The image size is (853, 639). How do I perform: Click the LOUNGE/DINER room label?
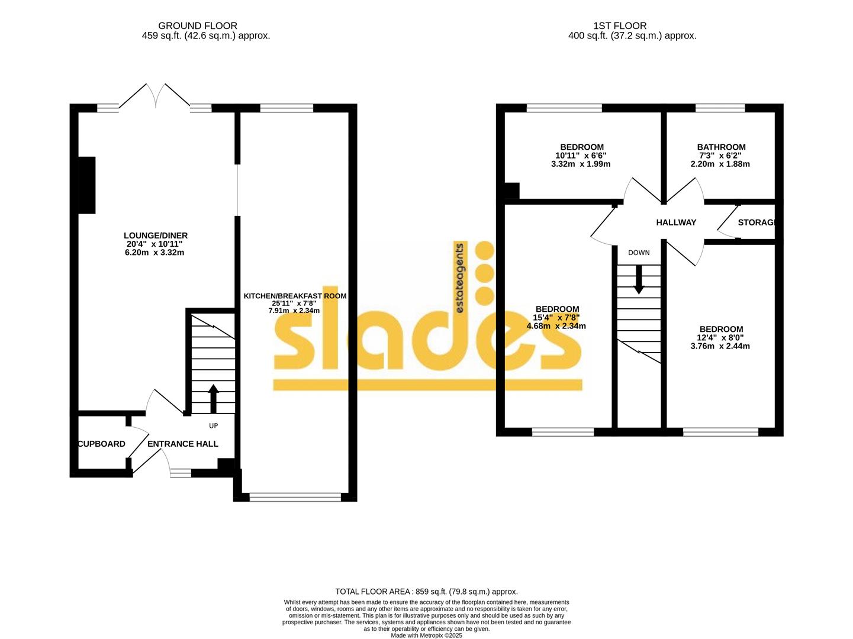click(x=156, y=235)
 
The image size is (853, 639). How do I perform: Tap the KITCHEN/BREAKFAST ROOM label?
click(x=294, y=296)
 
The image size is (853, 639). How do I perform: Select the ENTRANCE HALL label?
click(x=182, y=444)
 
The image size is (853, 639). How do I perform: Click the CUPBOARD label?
click(x=102, y=444)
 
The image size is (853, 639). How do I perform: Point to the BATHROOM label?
click(x=720, y=147)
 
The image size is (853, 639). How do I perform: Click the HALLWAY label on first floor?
click(x=676, y=222)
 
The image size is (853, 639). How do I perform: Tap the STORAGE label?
click(x=756, y=222)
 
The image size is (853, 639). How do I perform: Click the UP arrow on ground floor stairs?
click(x=213, y=398)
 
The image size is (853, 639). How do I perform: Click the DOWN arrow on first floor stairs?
click(x=639, y=279)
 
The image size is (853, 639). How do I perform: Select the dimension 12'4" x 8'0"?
click(x=720, y=338)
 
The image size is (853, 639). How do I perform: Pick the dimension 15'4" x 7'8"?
click(x=556, y=318)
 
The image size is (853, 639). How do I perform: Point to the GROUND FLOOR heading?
click(x=198, y=25)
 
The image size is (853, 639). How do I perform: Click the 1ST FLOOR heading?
click(x=620, y=25)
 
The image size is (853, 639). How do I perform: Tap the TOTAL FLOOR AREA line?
click(x=426, y=591)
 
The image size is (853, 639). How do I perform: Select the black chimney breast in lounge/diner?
click(x=87, y=185)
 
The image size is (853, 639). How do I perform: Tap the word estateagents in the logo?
click(x=459, y=278)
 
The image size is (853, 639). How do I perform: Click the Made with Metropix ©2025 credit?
click(x=426, y=635)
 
